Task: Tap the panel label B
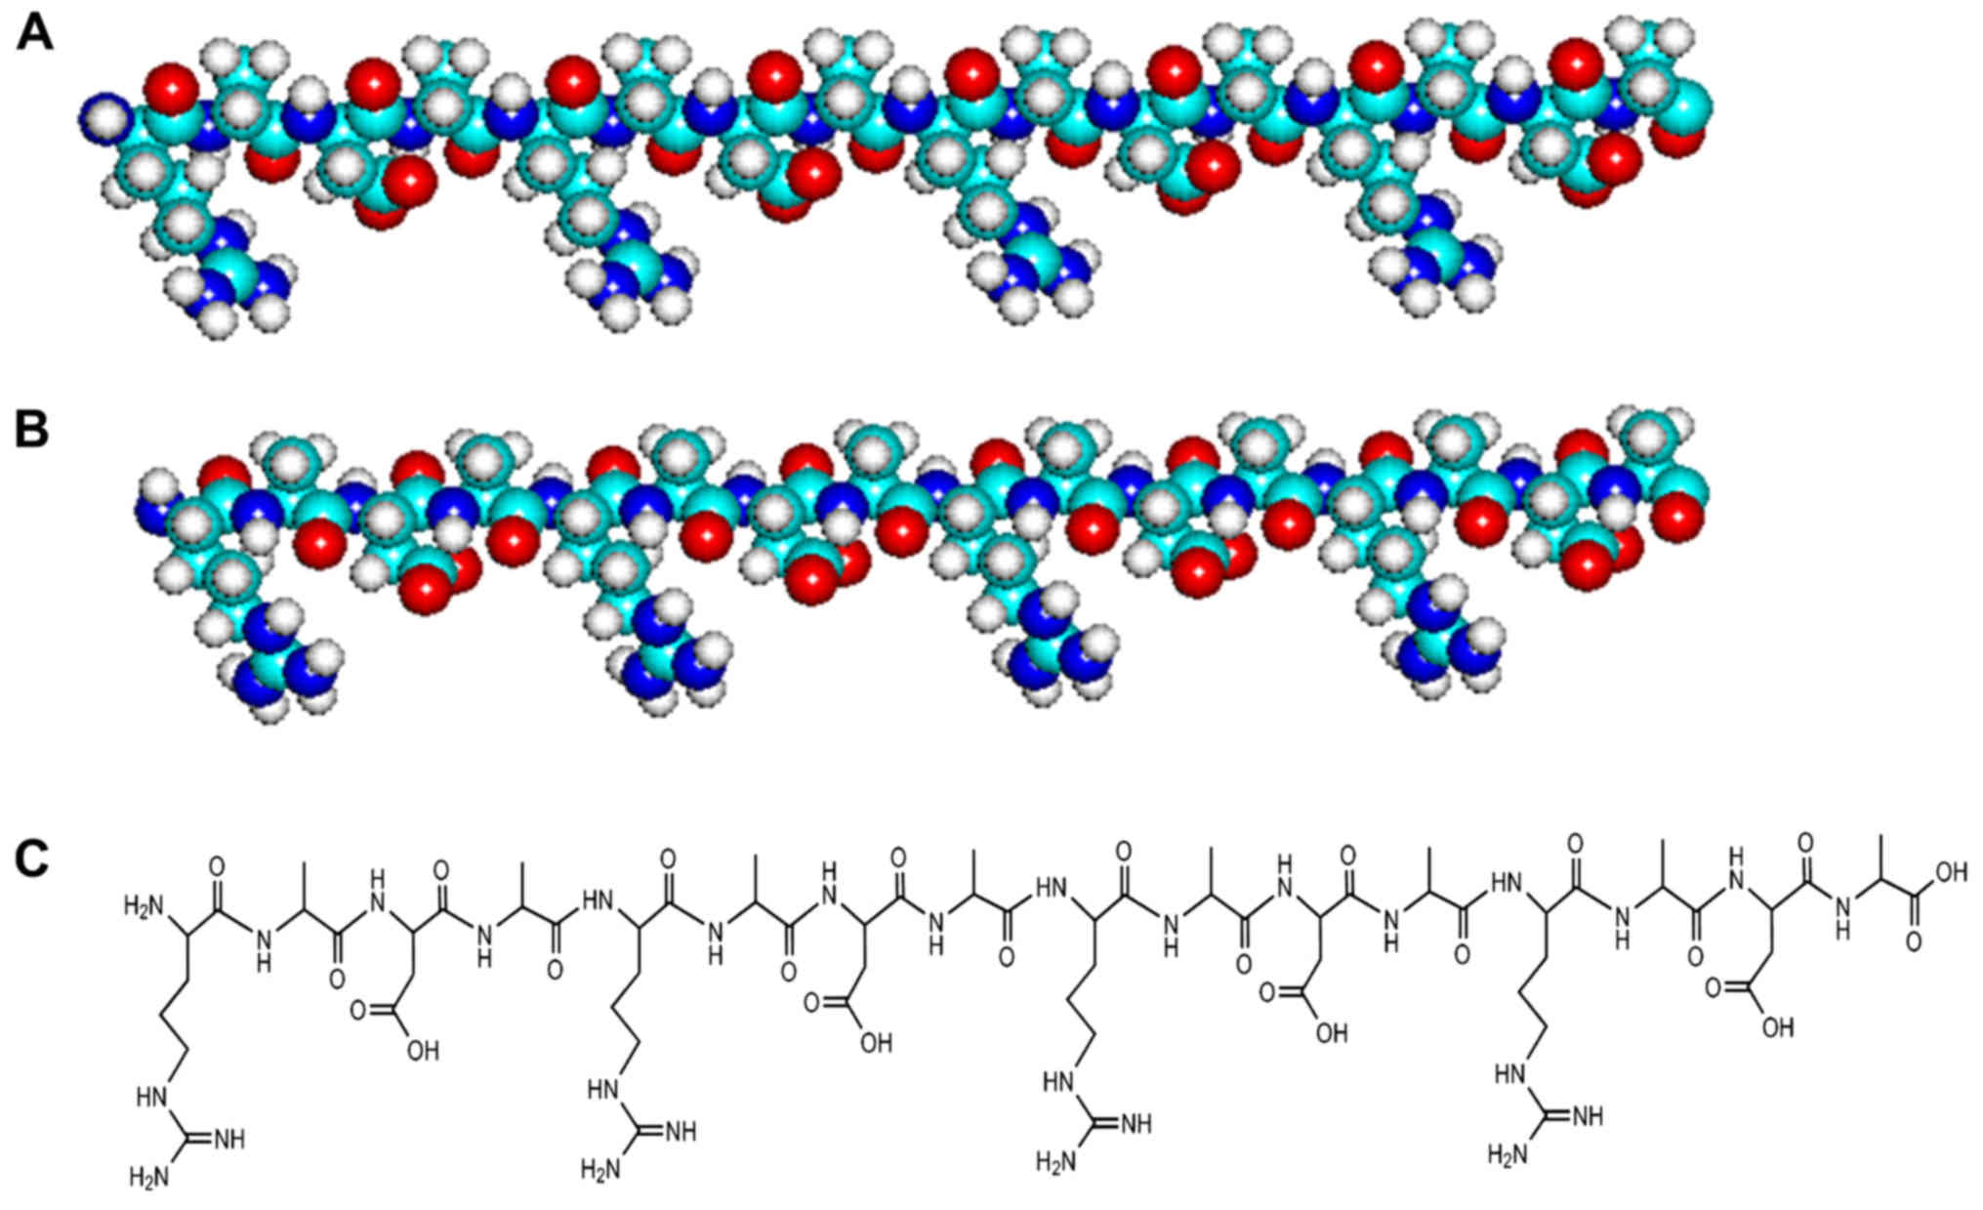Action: (32, 430)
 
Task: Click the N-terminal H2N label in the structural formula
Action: (142, 907)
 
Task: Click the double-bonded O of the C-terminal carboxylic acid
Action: (1914, 942)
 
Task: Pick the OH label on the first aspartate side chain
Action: (422, 1051)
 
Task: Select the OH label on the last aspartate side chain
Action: (1777, 1026)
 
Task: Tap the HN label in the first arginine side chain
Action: (153, 1097)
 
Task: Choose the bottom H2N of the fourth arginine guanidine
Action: (1506, 1156)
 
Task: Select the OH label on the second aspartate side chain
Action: (876, 1043)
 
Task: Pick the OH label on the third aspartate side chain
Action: (1331, 1033)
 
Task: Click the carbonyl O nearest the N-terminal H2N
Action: (217, 865)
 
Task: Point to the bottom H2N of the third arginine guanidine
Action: (1054, 1162)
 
